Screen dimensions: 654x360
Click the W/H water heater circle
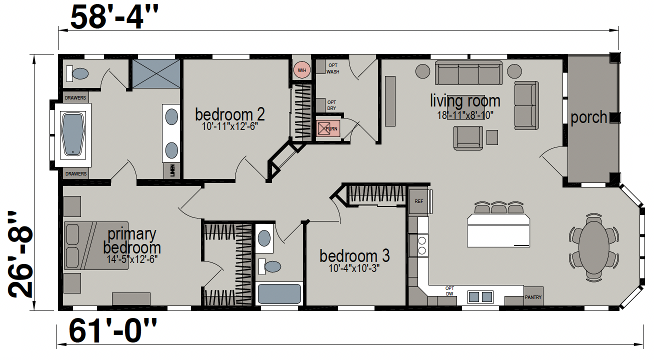pos(301,70)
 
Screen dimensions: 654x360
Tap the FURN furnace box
pos(328,128)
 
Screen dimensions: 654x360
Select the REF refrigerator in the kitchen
pos(418,201)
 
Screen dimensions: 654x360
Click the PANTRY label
pos(533,297)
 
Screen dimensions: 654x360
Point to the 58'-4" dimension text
pos(114,17)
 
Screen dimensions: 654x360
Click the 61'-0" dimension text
pos(112,331)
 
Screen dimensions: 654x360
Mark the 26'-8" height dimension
pos(20,254)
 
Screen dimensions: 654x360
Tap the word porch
pos(588,117)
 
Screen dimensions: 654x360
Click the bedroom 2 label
pos(230,114)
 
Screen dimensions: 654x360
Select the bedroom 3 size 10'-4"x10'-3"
pos(354,268)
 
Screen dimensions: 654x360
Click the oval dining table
pos(594,247)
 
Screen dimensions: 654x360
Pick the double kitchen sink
pos(480,297)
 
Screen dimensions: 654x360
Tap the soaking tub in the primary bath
pos(73,134)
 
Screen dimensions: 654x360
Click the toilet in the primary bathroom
pos(77,73)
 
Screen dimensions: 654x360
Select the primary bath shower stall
pos(156,73)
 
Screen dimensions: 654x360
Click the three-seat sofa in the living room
pos(468,73)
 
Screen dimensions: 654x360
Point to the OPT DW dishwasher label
pos(449,291)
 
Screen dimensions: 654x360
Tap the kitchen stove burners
pos(422,245)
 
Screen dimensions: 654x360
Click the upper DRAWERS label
pos(75,98)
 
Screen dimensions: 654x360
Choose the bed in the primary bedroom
pos(96,245)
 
